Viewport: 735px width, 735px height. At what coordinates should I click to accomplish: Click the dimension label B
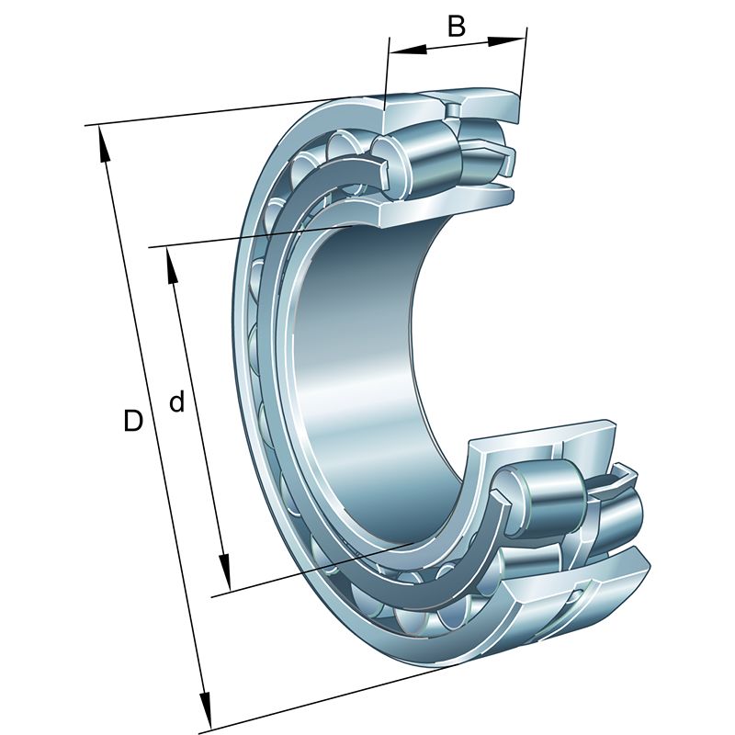coord(456,27)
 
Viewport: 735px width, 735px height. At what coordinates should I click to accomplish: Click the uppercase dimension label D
coord(132,420)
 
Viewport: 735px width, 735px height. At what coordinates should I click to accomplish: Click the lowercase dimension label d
coord(176,401)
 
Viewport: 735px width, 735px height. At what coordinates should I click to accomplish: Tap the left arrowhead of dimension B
coord(408,49)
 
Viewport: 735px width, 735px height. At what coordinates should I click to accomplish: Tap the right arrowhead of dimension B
coord(507,40)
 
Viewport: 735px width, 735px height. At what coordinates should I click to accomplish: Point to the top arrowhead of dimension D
coord(103,145)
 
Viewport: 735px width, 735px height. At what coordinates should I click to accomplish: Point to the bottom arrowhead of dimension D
coord(205,710)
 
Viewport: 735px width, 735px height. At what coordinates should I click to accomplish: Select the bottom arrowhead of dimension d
coord(225,571)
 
